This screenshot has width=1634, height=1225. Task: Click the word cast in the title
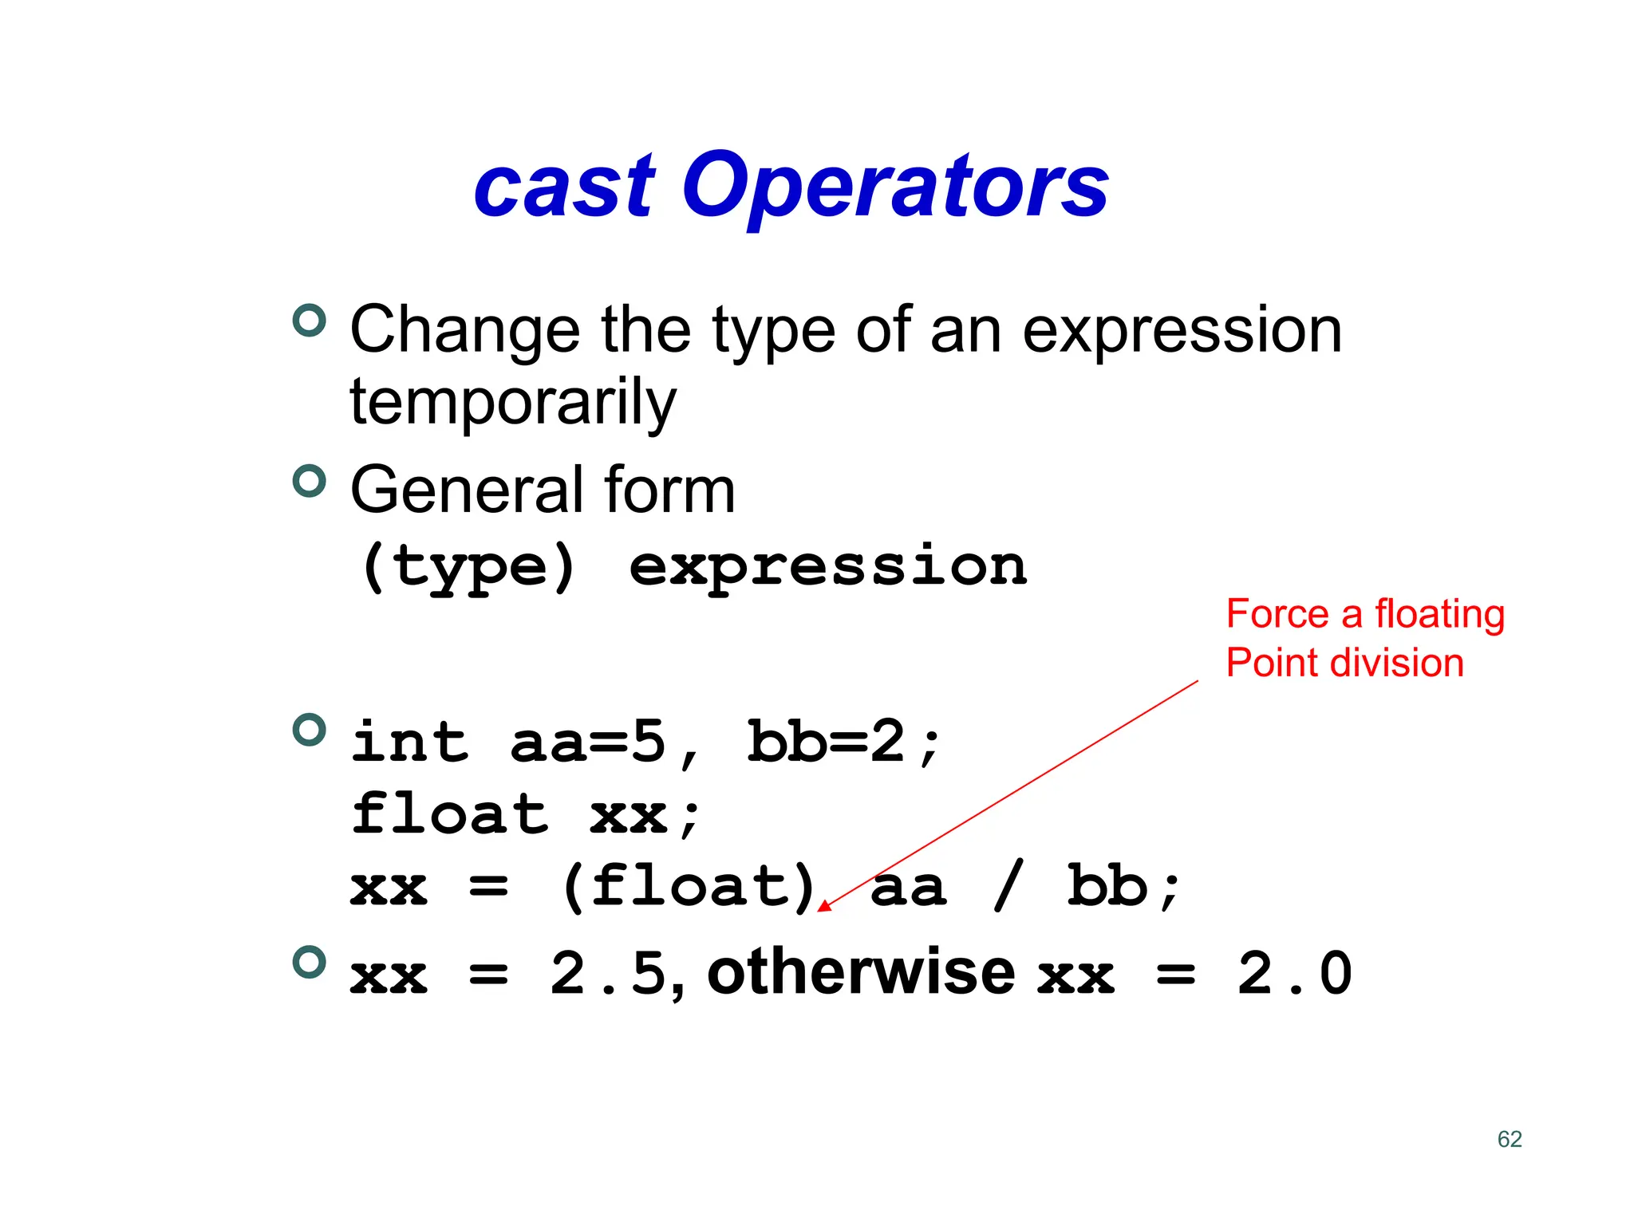tap(564, 187)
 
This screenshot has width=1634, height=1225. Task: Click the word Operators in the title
tap(895, 187)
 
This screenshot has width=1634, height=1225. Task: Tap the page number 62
tap(1510, 1139)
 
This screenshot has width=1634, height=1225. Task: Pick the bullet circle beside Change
tap(310, 321)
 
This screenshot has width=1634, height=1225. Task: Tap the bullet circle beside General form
tap(310, 481)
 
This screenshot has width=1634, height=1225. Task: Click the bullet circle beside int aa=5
tap(310, 730)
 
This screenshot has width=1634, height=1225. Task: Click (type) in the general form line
tap(468, 567)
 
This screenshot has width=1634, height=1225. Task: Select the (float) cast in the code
tap(689, 887)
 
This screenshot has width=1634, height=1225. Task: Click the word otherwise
tap(861, 973)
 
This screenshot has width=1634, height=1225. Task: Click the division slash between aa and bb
tap(1008, 887)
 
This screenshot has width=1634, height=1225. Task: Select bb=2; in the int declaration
tap(844, 742)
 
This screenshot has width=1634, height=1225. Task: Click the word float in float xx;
tap(450, 815)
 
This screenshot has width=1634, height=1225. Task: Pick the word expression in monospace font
tap(828, 567)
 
